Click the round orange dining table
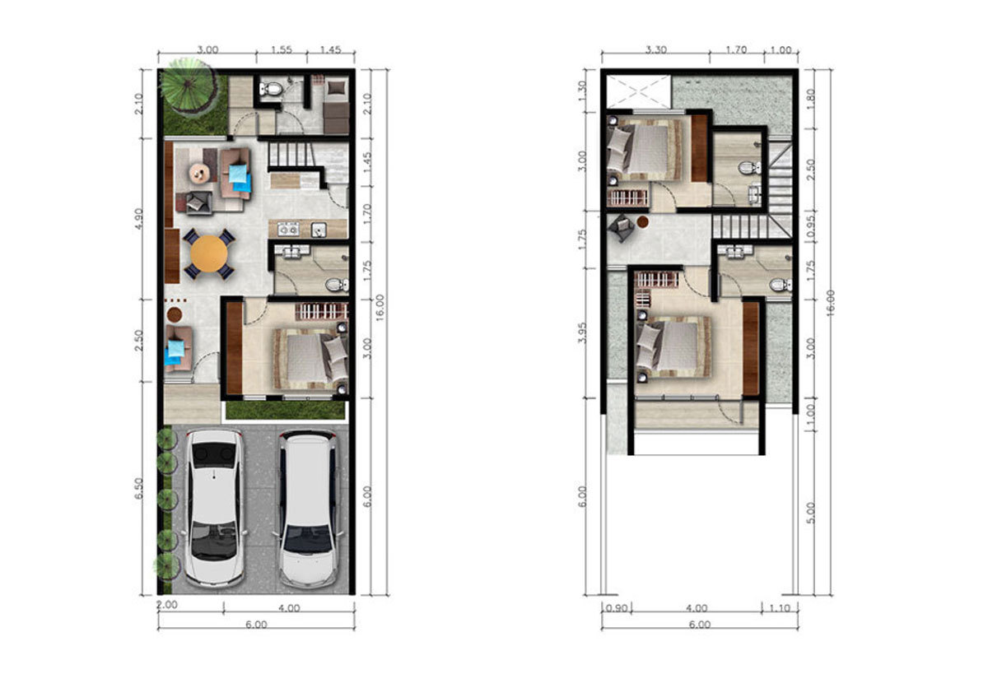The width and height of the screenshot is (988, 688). (x=209, y=253)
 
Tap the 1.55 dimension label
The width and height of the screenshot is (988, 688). (x=282, y=49)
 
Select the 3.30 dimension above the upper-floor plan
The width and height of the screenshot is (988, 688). (x=656, y=50)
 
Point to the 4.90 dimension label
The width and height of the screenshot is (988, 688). (x=138, y=219)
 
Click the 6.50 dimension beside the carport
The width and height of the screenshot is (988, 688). (x=138, y=489)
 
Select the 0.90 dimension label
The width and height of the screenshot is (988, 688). (x=616, y=609)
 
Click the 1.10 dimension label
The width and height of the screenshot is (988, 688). (x=780, y=609)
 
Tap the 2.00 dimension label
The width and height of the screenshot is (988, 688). (x=167, y=605)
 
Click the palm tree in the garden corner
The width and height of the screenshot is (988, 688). (x=189, y=87)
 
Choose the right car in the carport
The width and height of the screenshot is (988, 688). (x=308, y=509)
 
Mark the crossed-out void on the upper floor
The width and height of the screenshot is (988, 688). (x=639, y=91)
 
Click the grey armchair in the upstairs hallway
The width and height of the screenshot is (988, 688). (x=622, y=228)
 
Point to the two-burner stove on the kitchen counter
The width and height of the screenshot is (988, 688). (x=288, y=229)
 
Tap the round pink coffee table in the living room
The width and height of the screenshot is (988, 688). (x=199, y=173)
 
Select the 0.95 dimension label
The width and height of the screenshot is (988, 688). (x=810, y=228)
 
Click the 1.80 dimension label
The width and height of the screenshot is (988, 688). (x=810, y=99)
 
